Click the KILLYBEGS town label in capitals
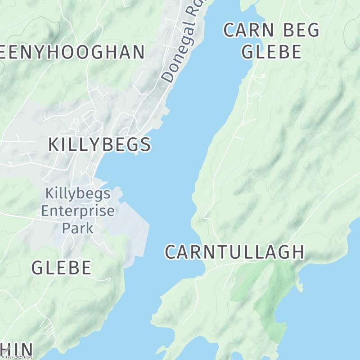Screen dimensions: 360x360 point(99,144)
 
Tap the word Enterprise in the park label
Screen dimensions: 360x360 point(78,211)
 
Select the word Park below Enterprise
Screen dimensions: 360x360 point(78,228)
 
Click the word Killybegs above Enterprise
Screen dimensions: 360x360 point(78,194)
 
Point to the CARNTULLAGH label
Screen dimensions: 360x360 point(234,252)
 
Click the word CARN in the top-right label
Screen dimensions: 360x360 point(249,31)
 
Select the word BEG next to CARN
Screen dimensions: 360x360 point(301,31)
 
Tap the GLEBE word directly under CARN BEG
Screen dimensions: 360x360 point(271,52)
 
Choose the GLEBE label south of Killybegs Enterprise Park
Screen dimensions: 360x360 point(62,268)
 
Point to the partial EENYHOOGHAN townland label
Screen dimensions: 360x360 point(72,52)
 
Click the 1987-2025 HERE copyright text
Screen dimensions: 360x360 point(17,357)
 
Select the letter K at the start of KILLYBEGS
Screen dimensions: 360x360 point(54,144)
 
